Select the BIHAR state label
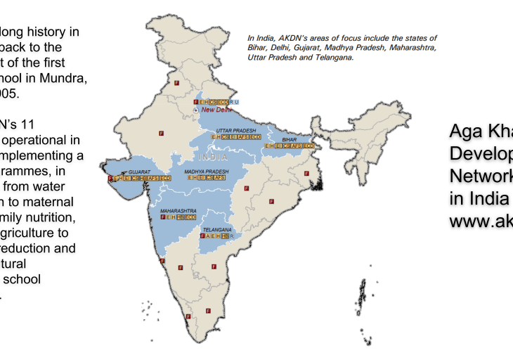(x=290, y=140)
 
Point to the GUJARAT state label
(x=140, y=172)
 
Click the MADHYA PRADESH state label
(x=207, y=172)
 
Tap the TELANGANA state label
(x=216, y=229)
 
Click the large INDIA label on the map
(x=212, y=157)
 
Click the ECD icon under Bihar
(x=308, y=146)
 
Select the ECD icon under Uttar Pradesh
(x=255, y=137)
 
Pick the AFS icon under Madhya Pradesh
(x=220, y=178)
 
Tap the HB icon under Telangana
(x=224, y=236)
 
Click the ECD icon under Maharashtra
(x=190, y=217)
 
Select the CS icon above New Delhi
(x=213, y=103)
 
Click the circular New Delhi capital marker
(x=196, y=110)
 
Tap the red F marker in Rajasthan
(x=160, y=132)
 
